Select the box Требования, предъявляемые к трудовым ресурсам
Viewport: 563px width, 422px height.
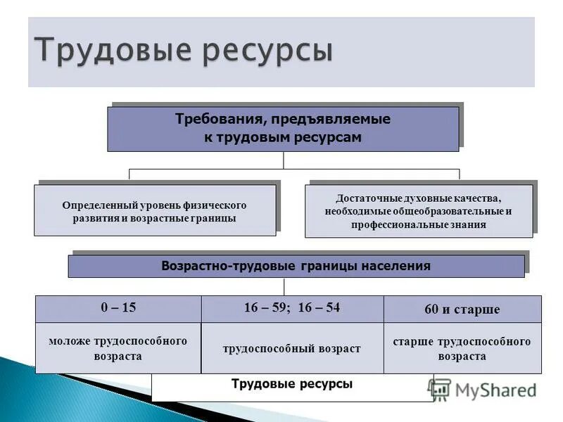pos(283,129)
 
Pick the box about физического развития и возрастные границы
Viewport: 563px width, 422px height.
pos(155,210)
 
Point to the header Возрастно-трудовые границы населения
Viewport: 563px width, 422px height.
pos(296,267)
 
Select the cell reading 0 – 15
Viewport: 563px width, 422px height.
pos(118,308)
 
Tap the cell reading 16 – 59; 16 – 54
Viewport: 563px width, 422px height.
pos(292,308)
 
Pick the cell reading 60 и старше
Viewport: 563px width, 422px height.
pos(462,309)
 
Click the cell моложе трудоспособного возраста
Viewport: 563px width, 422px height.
pos(118,348)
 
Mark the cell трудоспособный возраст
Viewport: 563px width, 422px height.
pos(292,348)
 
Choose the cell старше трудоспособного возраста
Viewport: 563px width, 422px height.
pos(462,348)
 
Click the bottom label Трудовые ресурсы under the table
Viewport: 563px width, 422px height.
pos(292,385)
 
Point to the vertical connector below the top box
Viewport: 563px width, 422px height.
pos(284,160)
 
